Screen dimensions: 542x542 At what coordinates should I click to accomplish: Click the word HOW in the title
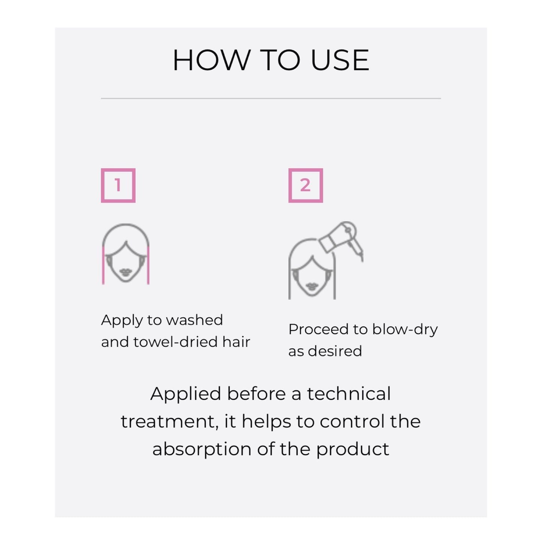[x=212, y=60]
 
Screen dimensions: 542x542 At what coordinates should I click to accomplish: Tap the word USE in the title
[x=340, y=60]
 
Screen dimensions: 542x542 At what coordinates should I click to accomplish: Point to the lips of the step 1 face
[x=126, y=272]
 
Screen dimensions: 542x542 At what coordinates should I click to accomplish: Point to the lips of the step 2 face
[x=312, y=287]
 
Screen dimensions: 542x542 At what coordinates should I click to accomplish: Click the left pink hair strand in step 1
[x=103, y=265]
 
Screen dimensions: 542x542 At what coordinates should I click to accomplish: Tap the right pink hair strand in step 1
[x=148, y=265]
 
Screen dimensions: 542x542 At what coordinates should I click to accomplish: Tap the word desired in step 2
[x=335, y=351]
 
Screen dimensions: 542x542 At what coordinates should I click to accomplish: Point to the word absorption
[x=202, y=449]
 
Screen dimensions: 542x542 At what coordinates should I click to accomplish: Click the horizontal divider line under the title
[x=271, y=98]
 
